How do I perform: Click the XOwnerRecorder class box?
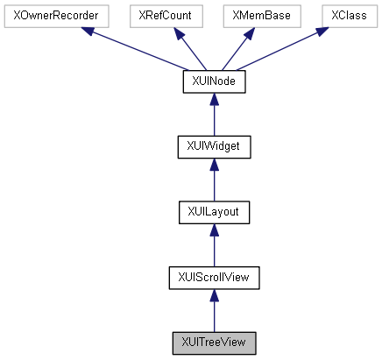point(55,16)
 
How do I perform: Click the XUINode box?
point(214,81)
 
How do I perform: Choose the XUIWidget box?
point(214,146)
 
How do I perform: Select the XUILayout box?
point(214,212)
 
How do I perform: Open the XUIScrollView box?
point(214,278)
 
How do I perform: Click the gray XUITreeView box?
point(214,342)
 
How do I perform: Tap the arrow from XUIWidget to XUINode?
point(214,114)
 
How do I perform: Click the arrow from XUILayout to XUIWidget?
point(214,180)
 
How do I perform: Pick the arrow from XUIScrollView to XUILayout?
point(214,245)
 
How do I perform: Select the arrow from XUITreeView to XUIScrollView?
point(214,311)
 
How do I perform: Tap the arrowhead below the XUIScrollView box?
point(214,295)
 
